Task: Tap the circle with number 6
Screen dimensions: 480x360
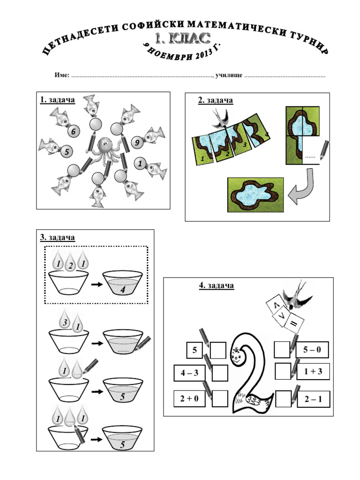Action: [x=73, y=132]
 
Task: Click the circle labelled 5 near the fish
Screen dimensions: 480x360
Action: [x=67, y=152]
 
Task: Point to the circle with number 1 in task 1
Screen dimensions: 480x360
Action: [x=139, y=164]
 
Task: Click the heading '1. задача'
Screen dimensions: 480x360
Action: [x=58, y=100]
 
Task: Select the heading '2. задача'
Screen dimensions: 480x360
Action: [x=215, y=100]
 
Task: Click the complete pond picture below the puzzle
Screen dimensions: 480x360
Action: [x=255, y=194]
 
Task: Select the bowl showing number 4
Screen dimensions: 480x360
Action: [x=122, y=285]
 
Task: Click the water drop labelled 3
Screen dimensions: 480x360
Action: [x=66, y=322]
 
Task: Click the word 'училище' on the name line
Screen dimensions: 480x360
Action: [x=229, y=75]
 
